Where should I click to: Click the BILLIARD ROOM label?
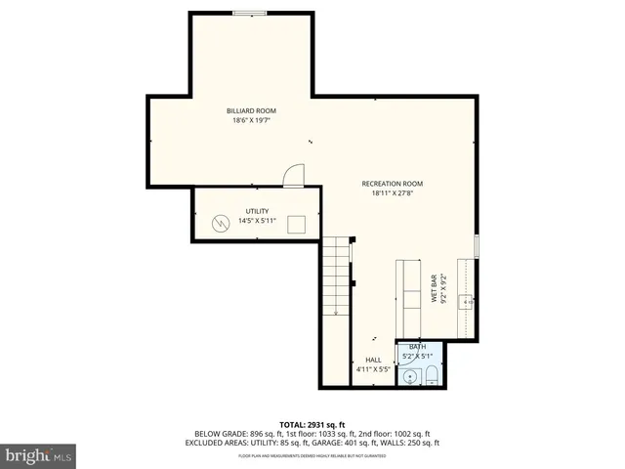(x=251, y=111)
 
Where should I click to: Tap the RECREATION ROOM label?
(x=392, y=183)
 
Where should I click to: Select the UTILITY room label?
(x=256, y=211)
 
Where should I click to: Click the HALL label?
(x=373, y=360)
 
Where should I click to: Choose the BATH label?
(x=417, y=347)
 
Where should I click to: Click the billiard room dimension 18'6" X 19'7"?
(x=251, y=121)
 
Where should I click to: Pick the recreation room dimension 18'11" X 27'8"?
(x=392, y=192)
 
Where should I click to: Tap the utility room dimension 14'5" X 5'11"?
(x=256, y=221)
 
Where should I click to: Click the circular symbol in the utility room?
(x=222, y=222)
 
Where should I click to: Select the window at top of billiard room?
(x=250, y=13)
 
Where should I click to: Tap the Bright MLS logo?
(x=39, y=454)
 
